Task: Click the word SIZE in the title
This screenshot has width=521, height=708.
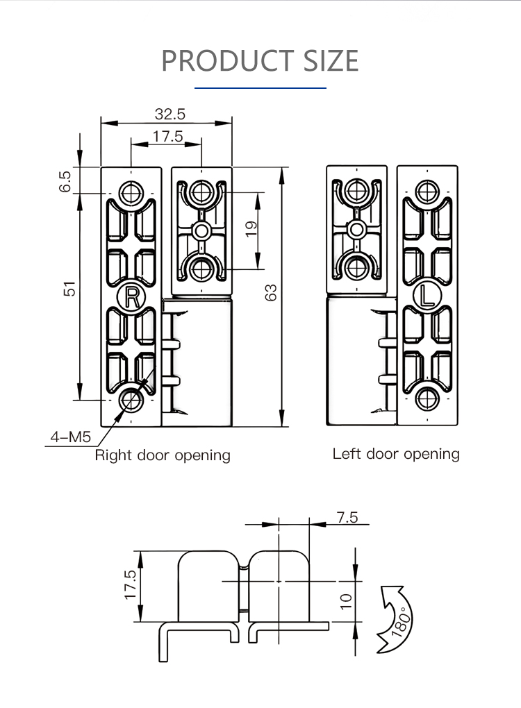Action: point(330,61)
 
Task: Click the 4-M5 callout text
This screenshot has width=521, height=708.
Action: point(70,437)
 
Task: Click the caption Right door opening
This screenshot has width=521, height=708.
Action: point(163,455)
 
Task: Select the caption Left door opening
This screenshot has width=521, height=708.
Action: point(396,454)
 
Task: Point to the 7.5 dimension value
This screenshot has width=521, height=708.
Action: point(347,517)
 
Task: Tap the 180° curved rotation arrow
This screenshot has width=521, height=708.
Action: point(393,618)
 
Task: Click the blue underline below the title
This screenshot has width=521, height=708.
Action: point(260,88)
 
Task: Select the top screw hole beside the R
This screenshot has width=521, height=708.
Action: point(131,192)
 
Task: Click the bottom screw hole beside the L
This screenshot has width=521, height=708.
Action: point(427,399)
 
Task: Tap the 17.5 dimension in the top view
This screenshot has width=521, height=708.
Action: point(167,137)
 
